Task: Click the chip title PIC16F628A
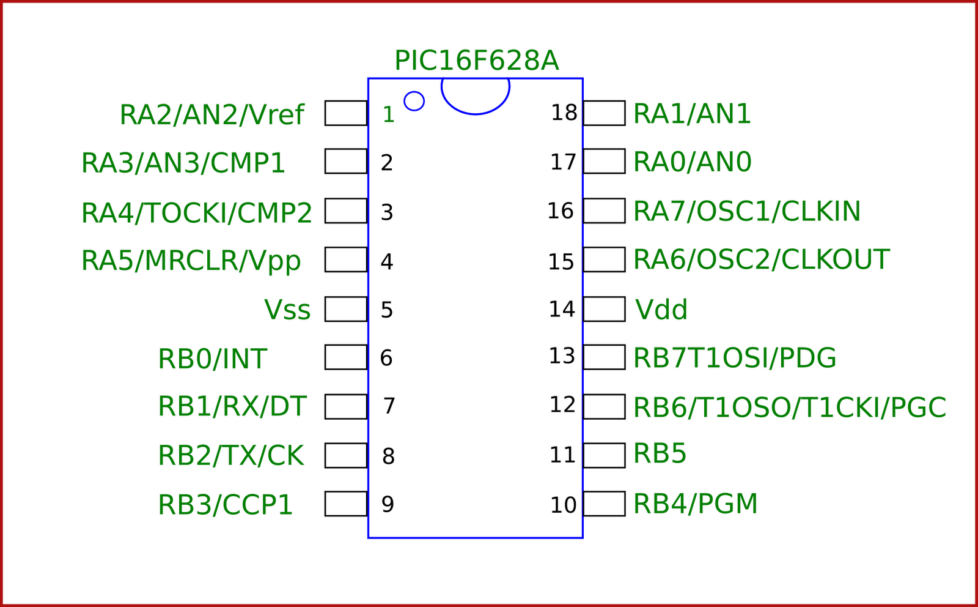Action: (x=476, y=61)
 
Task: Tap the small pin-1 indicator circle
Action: (x=414, y=101)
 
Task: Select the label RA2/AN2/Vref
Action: (x=211, y=115)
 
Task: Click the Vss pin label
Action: (x=287, y=310)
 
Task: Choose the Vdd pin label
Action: (x=661, y=310)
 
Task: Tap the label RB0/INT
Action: (x=212, y=359)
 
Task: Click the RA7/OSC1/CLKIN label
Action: (x=746, y=212)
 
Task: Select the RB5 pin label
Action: (x=660, y=454)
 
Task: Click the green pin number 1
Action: (x=388, y=114)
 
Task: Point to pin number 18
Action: (x=564, y=113)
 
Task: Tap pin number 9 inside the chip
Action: (x=388, y=504)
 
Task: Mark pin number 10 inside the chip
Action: (x=563, y=505)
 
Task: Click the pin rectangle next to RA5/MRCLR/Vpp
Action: (x=346, y=259)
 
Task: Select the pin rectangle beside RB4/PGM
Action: (x=604, y=504)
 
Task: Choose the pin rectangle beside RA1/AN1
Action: (x=604, y=113)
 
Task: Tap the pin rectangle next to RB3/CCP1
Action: (x=346, y=504)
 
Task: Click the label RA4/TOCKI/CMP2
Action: (x=196, y=213)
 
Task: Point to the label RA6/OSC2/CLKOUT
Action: (x=760, y=260)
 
